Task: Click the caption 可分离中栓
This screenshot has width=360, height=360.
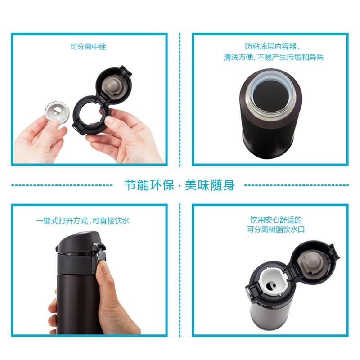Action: click(88, 47)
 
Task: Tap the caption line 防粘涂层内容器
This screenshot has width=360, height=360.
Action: click(272, 46)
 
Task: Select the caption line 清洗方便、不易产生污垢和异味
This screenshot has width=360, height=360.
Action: click(274, 57)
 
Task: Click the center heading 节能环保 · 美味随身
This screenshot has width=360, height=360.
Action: click(180, 185)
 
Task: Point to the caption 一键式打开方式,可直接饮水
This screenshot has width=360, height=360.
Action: click(83, 221)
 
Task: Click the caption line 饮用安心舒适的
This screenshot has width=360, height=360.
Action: click(276, 220)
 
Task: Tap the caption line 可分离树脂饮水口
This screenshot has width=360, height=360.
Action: click(276, 229)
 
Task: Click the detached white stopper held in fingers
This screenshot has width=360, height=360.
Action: click(57, 111)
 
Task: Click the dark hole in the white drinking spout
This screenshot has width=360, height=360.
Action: click(271, 286)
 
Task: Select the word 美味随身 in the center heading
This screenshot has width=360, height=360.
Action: click(210, 185)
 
